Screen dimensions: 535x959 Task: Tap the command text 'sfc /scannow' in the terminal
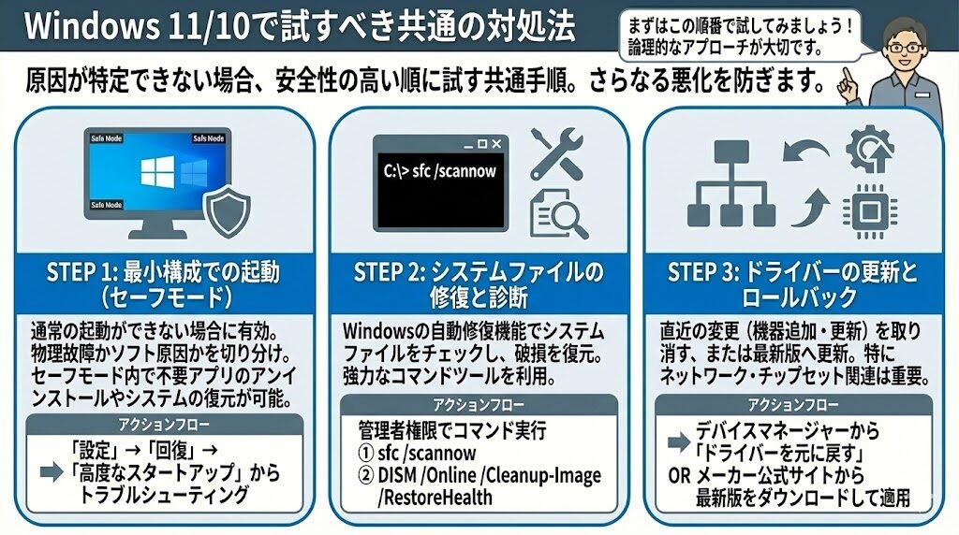[x=440, y=171]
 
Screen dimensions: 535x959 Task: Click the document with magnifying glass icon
[x=559, y=215]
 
